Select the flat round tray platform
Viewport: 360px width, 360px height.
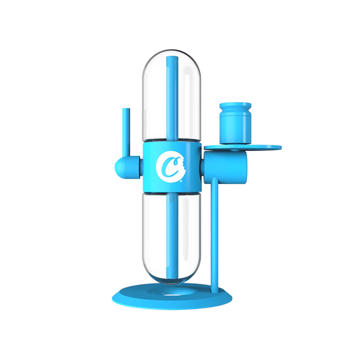pyautogui.click(x=264, y=147)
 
